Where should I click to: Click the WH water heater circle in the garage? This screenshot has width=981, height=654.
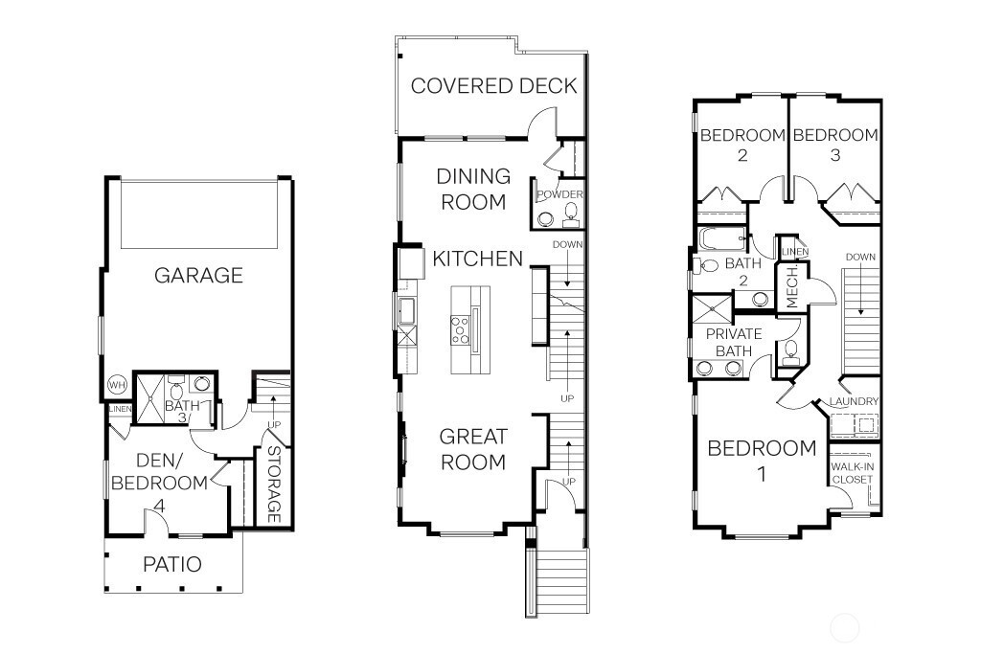(x=117, y=385)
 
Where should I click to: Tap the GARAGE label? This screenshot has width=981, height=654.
(x=198, y=275)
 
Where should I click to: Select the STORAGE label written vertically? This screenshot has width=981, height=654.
(x=273, y=484)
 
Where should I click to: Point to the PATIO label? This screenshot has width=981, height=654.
(x=172, y=564)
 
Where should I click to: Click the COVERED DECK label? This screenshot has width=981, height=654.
(x=493, y=85)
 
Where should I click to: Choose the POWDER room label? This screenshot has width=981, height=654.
(x=559, y=194)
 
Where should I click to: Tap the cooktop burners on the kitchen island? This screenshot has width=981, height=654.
(x=461, y=330)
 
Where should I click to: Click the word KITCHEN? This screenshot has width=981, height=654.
(x=477, y=259)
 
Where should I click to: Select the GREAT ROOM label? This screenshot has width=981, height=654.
(x=473, y=449)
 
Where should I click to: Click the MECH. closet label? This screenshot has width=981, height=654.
(x=792, y=287)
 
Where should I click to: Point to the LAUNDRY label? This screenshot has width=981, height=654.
(x=854, y=401)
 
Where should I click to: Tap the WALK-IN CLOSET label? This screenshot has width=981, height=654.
(x=852, y=473)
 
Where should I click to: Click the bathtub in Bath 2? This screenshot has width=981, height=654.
(x=722, y=238)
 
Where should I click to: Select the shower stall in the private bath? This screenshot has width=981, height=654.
(x=712, y=309)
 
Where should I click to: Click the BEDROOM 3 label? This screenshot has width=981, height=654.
(x=835, y=145)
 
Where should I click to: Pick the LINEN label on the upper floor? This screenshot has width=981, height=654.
(x=794, y=251)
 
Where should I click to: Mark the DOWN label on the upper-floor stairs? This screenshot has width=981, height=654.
(x=860, y=257)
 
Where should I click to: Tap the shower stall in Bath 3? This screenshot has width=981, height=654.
(x=150, y=398)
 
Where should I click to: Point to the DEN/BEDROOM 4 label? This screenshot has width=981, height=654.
(x=159, y=483)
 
